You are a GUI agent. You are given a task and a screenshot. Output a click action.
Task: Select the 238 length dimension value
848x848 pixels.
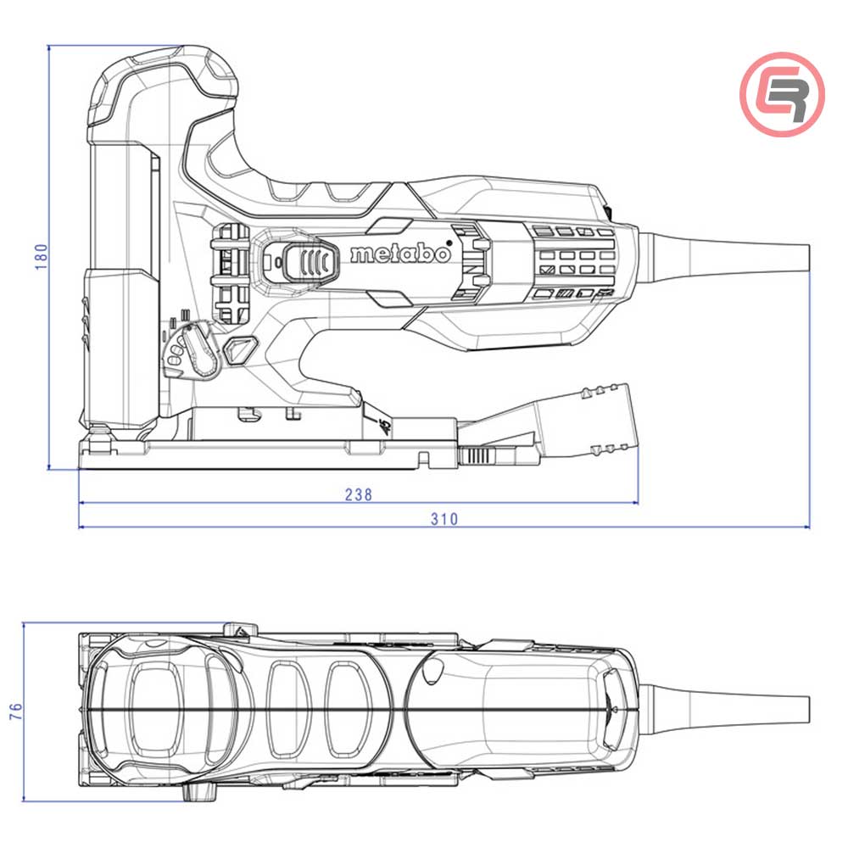click(358, 494)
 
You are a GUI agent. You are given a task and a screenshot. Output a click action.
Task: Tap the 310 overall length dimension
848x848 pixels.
click(443, 519)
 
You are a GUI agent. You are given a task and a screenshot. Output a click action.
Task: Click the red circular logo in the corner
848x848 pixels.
click(782, 93)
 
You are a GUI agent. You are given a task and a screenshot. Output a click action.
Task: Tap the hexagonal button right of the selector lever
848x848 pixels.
click(240, 349)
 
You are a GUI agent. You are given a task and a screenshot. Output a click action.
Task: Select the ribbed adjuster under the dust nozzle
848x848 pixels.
click(478, 456)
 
